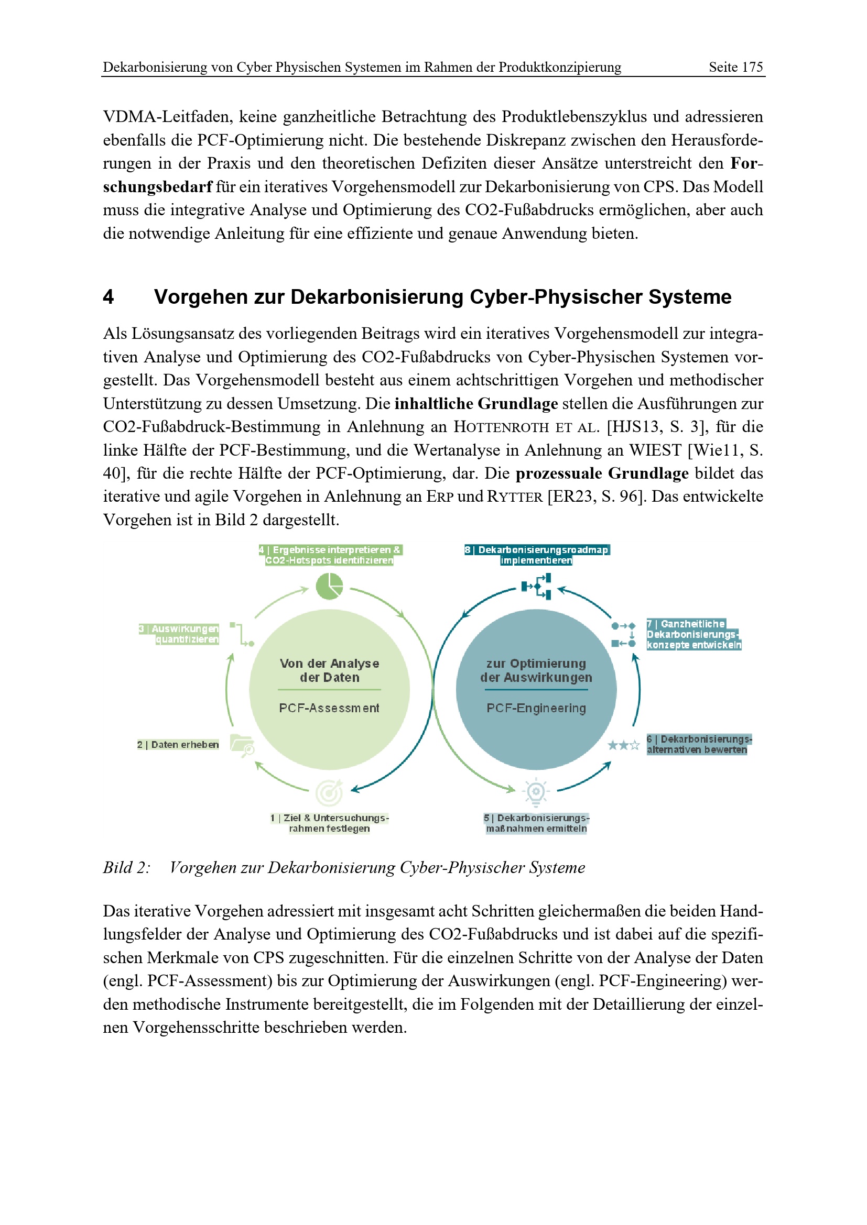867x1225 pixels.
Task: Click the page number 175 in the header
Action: [751, 67]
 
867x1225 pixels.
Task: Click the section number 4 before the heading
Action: [109, 296]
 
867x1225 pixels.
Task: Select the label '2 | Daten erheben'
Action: [178, 744]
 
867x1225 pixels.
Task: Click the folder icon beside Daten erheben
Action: [242, 745]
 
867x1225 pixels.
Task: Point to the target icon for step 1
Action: [329, 793]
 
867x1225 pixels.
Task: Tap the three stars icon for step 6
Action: [623, 745]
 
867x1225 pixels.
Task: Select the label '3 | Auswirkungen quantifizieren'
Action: [179, 634]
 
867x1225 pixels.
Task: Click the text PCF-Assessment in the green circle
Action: [329, 708]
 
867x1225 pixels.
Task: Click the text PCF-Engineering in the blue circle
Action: [536, 708]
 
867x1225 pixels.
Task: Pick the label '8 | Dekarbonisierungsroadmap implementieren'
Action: [537, 555]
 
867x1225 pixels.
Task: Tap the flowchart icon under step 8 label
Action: [537, 587]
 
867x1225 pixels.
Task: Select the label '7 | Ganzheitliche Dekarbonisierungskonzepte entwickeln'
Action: [693, 634]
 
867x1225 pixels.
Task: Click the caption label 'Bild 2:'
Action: [126, 868]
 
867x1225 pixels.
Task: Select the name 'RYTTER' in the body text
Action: [515, 496]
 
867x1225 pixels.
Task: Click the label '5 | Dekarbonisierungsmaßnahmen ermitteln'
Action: [536, 823]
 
